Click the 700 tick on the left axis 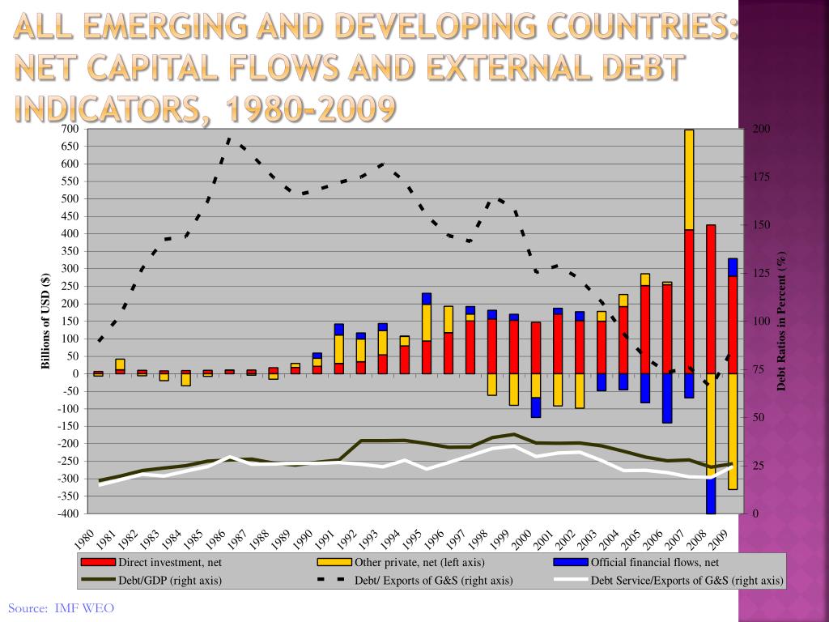[x=70, y=130]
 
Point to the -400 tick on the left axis [x=68, y=513]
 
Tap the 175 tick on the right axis [x=761, y=177]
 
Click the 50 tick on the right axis [x=759, y=418]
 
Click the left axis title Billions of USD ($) [x=46, y=321]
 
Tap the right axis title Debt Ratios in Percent [x=782, y=322]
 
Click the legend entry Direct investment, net [x=170, y=563]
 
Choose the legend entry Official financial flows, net [x=654, y=563]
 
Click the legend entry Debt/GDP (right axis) [x=170, y=580]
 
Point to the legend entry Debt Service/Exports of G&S [x=687, y=580]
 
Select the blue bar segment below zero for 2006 [x=667, y=398]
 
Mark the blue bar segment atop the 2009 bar [x=733, y=267]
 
